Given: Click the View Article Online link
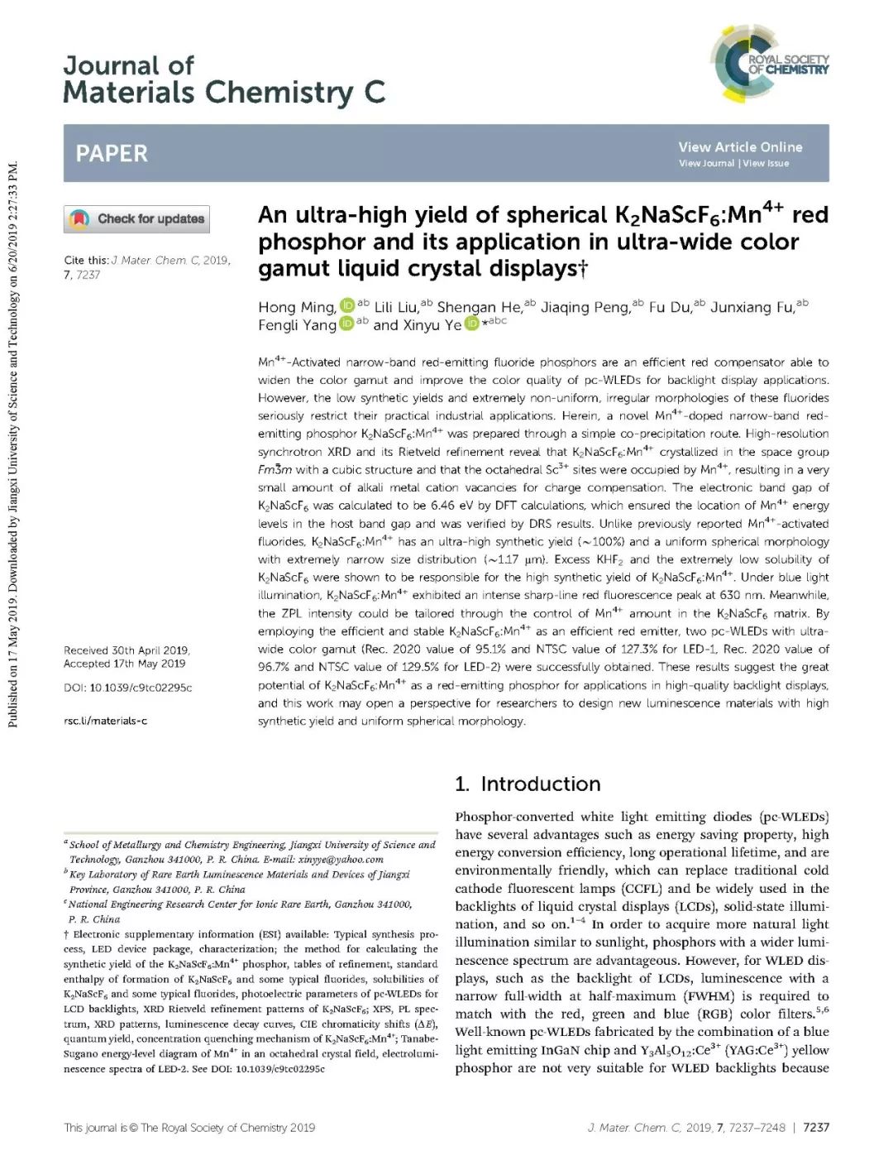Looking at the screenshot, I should tap(740, 147).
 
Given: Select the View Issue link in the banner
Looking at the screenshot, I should tap(766, 164).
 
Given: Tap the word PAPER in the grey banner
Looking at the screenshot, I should tap(112, 153).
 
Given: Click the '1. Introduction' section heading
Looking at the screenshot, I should tap(528, 784).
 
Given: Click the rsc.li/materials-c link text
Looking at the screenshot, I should tap(105, 721).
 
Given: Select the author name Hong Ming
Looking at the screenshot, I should tap(296, 308).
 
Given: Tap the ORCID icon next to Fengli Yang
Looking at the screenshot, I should tap(347, 324).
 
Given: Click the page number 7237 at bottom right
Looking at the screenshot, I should tap(815, 1127).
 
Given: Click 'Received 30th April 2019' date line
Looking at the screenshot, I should tap(127, 650).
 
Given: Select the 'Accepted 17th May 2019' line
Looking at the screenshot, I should tap(125, 664).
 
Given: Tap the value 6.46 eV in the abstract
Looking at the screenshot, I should tap(451, 506).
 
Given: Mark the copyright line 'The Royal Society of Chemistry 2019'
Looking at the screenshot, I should tap(227, 1127).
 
